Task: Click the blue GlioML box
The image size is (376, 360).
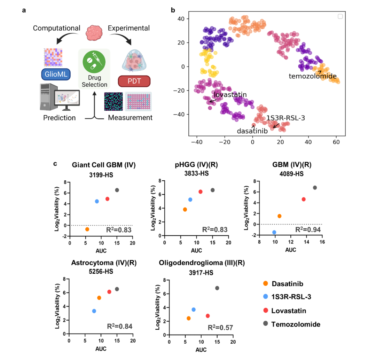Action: pyautogui.click(x=56, y=74)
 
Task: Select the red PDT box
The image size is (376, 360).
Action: pyautogui.click(x=134, y=81)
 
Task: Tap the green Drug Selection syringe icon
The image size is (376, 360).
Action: pyautogui.click(x=94, y=62)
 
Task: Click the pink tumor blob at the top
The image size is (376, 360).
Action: pyautogui.click(x=94, y=33)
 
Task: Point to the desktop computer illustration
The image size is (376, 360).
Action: pyautogui.click(x=60, y=97)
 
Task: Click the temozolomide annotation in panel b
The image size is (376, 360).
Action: pyautogui.click(x=313, y=76)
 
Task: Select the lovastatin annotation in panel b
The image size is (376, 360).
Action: pyautogui.click(x=230, y=94)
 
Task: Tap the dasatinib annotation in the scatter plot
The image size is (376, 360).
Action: pyautogui.click(x=252, y=131)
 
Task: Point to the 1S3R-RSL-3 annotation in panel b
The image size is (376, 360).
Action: pyautogui.click(x=286, y=118)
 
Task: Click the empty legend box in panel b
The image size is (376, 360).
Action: pyautogui.click(x=340, y=16)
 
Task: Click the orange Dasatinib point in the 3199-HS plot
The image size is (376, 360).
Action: pyautogui.click(x=87, y=229)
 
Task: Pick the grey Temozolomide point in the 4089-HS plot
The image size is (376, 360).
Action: pyautogui.click(x=315, y=188)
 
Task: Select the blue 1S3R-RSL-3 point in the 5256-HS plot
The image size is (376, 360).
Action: pyautogui.click(x=94, y=311)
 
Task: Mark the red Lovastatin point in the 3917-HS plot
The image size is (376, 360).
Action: pyautogui.click(x=207, y=316)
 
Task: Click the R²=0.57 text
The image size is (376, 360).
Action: pyautogui.click(x=220, y=328)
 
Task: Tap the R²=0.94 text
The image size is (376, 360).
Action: pyautogui.click(x=308, y=230)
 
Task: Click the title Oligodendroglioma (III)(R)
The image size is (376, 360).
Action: pyautogui.click(x=202, y=263)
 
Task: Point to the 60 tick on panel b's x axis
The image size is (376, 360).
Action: pyautogui.click(x=336, y=142)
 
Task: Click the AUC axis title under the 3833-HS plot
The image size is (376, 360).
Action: pyautogui.click(x=196, y=250)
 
